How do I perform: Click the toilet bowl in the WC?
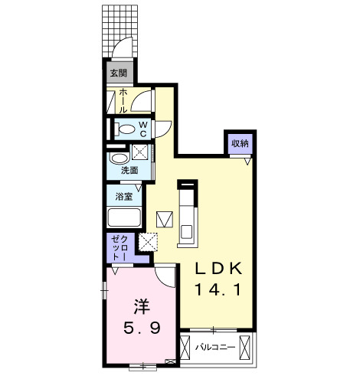[x=126, y=128]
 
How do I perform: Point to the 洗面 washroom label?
[x=129, y=171]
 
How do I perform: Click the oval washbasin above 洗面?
[x=119, y=158]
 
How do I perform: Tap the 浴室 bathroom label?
[x=124, y=196]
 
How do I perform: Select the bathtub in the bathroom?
[x=123, y=217]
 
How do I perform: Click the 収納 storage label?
[x=240, y=143]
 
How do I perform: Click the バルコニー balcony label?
[x=214, y=348]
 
